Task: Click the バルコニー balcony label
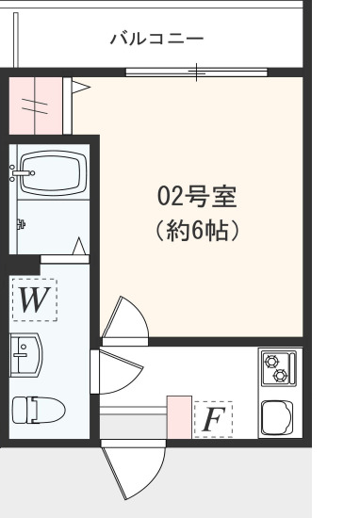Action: tap(157, 39)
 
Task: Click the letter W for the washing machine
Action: tap(34, 301)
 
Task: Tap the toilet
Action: tap(37, 409)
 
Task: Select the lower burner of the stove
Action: tap(279, 376)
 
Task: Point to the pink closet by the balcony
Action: tap(36, 106)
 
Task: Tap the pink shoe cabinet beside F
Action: tap(179, 416)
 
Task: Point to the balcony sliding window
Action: tap(196, 72)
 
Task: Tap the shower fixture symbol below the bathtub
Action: tap(22, 224)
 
